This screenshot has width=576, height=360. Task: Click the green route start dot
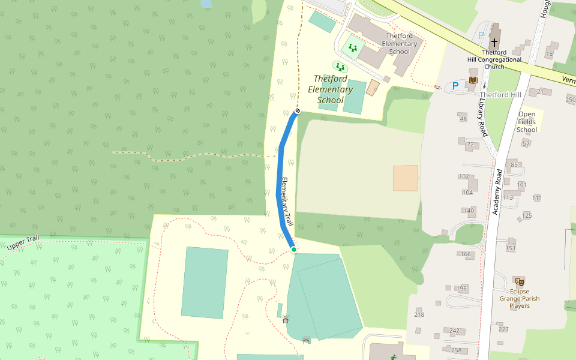point(293,249)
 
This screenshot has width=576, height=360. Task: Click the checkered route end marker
point(297,110)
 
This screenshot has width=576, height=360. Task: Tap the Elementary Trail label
point(286,202)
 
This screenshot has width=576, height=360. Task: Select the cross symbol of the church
point(494,43)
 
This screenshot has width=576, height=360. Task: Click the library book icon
point(473,80)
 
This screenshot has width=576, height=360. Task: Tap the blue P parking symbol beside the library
point(455,86)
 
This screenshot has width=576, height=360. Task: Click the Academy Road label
point(497,192)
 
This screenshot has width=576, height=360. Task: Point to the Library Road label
point(482,117)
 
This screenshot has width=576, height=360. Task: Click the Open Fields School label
point(527,122)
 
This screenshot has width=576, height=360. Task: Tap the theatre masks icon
point(520,281)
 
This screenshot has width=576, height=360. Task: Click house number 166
point(466,254)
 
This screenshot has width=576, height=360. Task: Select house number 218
point(419,314)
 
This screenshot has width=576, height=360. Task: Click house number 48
point(463,119)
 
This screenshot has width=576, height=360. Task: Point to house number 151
point(511,248)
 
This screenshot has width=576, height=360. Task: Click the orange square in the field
point(406,178)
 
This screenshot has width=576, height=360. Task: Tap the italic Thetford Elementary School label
point(330,89)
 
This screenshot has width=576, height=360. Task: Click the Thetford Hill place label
point(500,95)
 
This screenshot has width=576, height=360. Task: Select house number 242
point(454,331)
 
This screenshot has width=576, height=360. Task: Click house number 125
point(527,215)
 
